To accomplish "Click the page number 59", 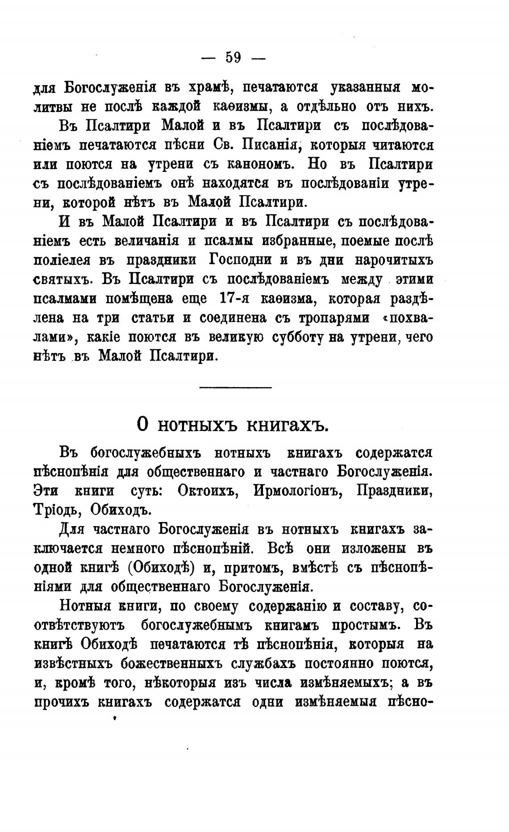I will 233,58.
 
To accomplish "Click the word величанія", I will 147,241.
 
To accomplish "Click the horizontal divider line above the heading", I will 235,387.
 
